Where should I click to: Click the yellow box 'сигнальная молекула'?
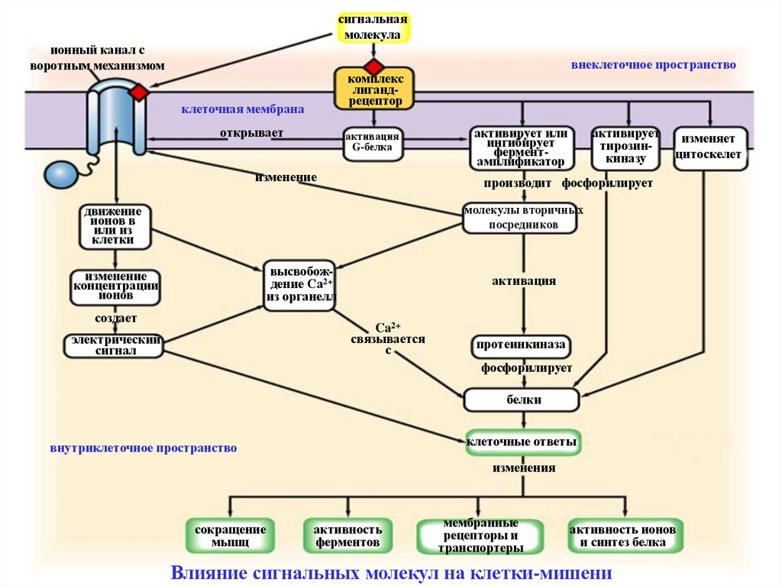(373, 27)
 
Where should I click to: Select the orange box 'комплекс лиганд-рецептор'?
(373, 89)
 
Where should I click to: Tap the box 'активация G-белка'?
(373, 144)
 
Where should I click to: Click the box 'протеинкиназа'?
(522, 345)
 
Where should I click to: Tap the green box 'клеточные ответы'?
(522, 442)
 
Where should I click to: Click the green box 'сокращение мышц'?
(230, 536)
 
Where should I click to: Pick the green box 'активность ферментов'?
(348, 536)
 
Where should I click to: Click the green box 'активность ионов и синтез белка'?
(626, 536)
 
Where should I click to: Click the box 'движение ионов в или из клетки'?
(115, 226)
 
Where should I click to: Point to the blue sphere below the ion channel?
(61, 174)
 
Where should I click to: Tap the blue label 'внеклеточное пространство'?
(653, 66)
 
